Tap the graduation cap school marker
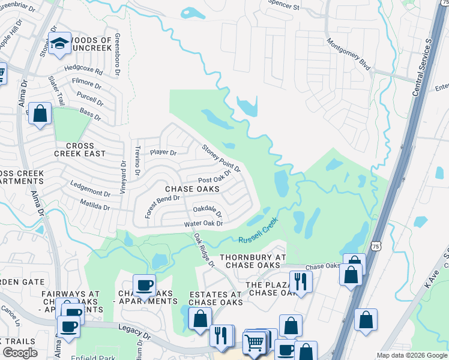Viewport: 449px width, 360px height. point(59,43)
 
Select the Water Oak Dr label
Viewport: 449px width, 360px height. point(203,224)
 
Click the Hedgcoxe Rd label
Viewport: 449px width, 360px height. point(83,70)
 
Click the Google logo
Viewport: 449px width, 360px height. point(20,353)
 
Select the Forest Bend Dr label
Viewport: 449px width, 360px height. point(159,199)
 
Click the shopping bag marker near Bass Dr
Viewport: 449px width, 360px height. point(40,113)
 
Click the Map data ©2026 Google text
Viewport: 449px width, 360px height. point(412,355)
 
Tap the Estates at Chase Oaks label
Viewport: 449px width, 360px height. point(215,298)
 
